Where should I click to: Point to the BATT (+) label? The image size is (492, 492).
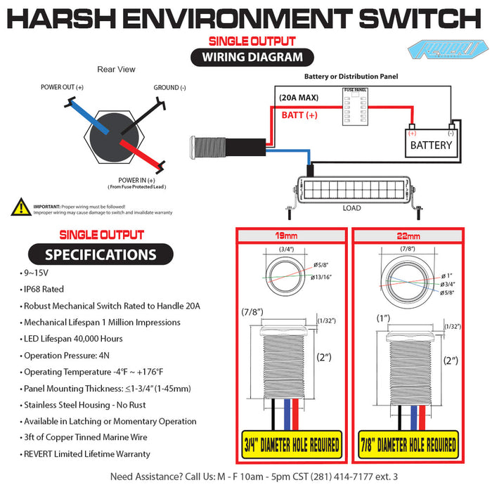[x=299, y=115]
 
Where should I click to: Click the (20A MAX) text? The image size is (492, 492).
[x=298, y=98]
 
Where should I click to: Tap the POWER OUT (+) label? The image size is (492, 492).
[x=62, y=87]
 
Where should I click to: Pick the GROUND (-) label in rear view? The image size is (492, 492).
[x=169, y=88]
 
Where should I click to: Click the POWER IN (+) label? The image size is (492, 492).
[x=136, y=181]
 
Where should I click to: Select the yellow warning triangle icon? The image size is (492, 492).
[x=21, y=207]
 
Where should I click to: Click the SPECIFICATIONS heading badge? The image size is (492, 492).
[x=101, y=254]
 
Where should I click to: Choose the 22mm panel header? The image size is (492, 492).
[x=408, y=236]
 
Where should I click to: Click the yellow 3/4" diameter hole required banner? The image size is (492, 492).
[x=290, y=444]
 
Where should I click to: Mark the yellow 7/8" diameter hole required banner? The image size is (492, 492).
[x=408, y=444]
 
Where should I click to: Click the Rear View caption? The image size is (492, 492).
[x=116, y=70]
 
